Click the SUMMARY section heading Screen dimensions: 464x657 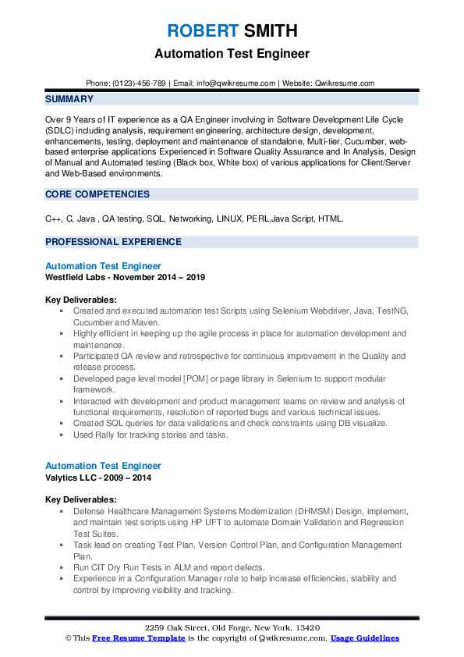pyautogui.click(x=69, y=99)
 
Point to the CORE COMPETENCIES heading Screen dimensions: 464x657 pyautogui.click(x=97, y=194)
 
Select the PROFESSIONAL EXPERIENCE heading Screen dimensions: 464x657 pyautogui.click(x=113, y=242)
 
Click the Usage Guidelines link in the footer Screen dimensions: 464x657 pyautogui.click(x=365, y=638)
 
